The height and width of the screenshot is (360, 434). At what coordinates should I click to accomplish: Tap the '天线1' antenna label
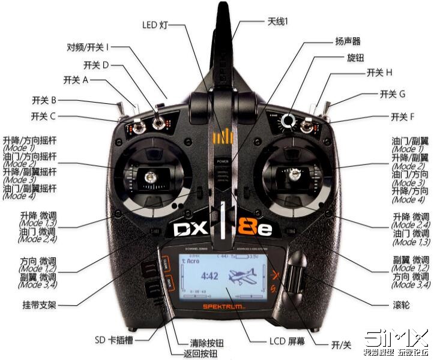(278, 21)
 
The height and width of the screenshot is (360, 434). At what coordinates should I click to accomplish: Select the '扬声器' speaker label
(348, 41)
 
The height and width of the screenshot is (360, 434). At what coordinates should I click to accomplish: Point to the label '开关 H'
(379, 73)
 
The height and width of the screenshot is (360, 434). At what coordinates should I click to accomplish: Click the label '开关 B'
(44, 100)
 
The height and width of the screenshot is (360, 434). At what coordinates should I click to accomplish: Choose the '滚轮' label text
(400, 305)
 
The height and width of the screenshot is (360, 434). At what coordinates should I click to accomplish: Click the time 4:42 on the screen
(209, 277)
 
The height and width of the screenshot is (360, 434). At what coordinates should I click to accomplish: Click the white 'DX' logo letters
(191, 228)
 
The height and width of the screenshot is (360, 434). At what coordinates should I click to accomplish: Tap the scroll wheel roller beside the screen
(296, 277)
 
